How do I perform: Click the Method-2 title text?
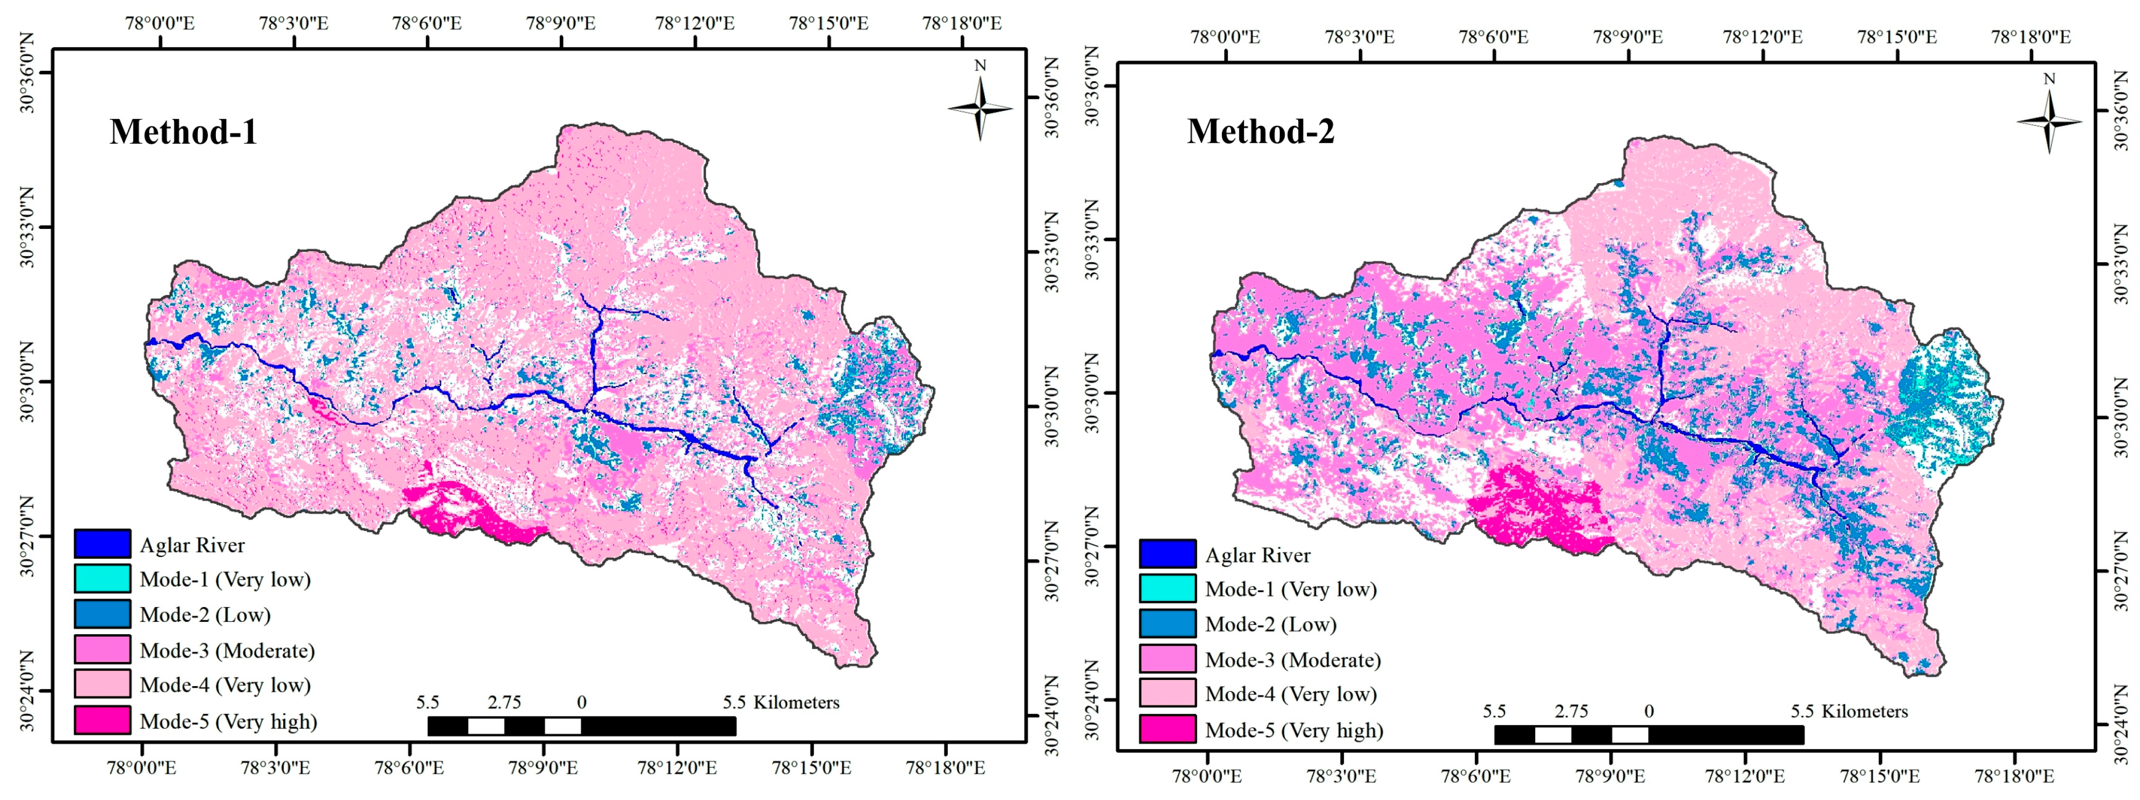[x=1260, y=131]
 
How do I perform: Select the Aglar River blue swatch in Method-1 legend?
[x=102, y=544]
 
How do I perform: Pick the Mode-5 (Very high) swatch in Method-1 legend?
[x=102, y=720]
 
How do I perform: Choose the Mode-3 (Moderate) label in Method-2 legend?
[x=1293, y=659]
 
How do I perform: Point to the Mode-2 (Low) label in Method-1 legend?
[x=205, y=615]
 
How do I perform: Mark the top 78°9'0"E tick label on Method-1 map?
[x=561, y=23]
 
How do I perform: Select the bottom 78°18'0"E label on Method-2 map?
[x=2014, y=776]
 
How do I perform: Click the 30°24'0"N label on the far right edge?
[x=2127, y=725]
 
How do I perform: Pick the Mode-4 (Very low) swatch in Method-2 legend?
[x=1167, y=693]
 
